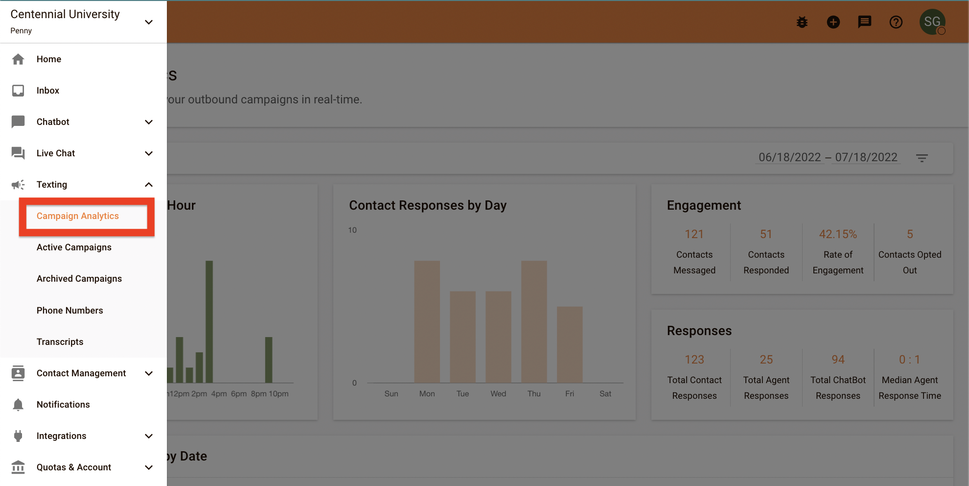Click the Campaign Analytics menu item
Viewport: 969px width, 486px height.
click(78, 216)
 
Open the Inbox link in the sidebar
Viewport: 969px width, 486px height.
click(47, 91)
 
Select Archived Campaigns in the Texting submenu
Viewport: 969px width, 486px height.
click(79, 279)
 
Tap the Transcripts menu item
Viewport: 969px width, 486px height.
click(60, 342)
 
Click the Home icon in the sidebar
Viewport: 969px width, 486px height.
click(18, 59)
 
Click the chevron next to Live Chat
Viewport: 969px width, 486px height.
click(149, 153)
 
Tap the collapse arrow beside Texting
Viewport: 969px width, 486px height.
click(149, 185)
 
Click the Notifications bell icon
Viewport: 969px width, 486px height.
click(18, 405)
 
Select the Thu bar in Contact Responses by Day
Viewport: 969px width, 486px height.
click(534, 321)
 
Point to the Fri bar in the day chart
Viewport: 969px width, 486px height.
click(570, 344)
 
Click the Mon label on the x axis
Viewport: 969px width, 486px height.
click(427, 394)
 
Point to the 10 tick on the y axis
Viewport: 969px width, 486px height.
click(352, 230)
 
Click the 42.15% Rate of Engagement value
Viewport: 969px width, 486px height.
click(838, 234)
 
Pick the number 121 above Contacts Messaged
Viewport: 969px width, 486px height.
click(694, 234)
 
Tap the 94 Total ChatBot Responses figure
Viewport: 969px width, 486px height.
click(838, 360)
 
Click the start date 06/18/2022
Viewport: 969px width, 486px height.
click(789, 157)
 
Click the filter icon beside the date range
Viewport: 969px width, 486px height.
click(922, 158)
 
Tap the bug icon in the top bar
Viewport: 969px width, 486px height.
click(802, 22)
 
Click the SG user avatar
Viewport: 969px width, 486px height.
click(932, 22)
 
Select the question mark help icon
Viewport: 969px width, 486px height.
click(896, 22)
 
